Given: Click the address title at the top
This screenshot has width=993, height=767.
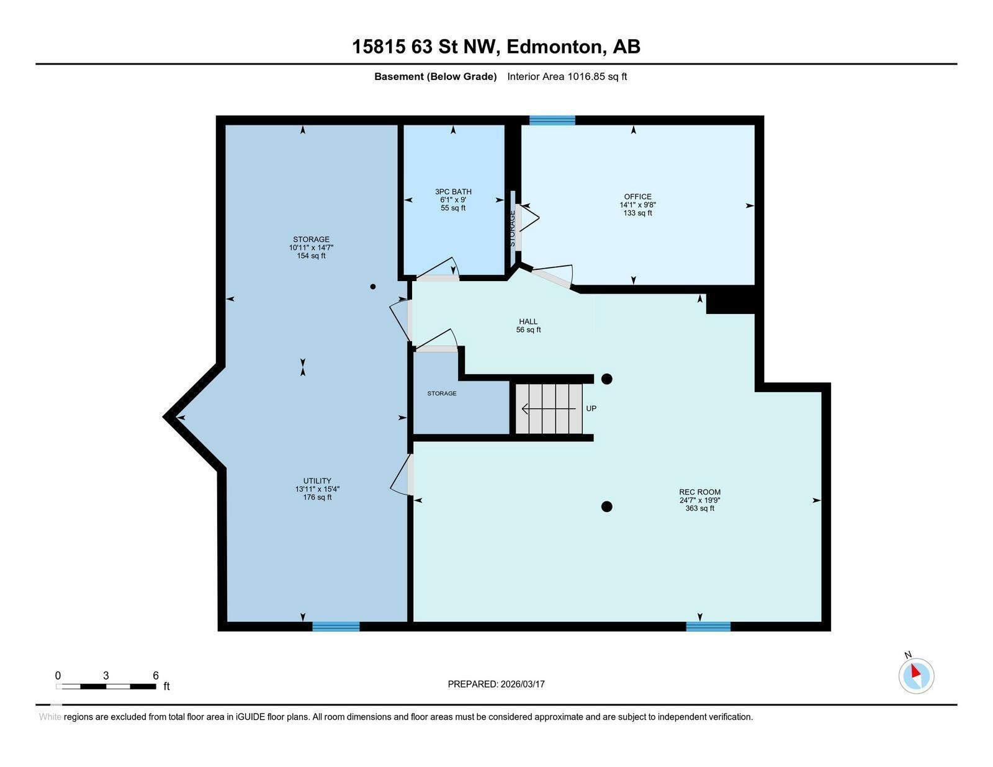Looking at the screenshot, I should (x=496, y=47).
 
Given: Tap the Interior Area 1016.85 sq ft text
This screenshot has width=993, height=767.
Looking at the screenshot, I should (x=567, y=77).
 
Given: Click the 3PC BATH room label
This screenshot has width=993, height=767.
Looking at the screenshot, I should (x=453, y=199).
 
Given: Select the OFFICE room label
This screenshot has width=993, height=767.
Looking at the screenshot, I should (x=637, y=204).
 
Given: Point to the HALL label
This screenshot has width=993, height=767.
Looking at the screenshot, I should (x=528, y=325).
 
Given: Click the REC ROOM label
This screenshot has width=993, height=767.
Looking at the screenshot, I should (x=699, y=500).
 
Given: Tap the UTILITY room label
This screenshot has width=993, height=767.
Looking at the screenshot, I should (x=317, y=488).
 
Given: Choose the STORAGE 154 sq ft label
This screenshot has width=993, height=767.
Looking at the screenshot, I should (x=311, y=247).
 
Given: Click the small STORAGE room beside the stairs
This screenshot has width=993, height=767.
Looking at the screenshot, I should (x=442, y=393).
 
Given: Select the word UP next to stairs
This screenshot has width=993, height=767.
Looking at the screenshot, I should (x=591, y=408).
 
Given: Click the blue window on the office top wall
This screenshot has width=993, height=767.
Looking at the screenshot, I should (x=552, y=120).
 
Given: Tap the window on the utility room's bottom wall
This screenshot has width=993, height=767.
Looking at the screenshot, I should (x=336, y=626).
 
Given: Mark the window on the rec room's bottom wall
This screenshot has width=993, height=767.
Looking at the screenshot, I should (x=708, y=626).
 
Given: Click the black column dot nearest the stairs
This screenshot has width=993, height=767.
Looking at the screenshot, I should (x=607, y=379).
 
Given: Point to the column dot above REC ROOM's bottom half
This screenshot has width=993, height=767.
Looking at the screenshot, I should (x=607, y=506).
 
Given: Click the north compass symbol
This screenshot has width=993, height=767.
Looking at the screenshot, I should (x=916, y=675).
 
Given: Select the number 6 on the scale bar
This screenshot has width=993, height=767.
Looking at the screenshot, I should (x=156, y=676).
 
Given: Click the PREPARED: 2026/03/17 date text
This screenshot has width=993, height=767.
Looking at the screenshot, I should (x=496, y=684).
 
